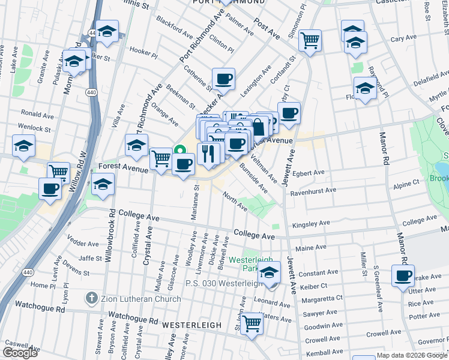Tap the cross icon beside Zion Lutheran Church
tap(91, 298)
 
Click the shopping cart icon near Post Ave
tap(310, 41)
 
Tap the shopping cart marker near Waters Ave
tap(252, 323)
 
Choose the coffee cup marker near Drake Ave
tap(403, 276)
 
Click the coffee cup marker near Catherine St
tap(223, 79)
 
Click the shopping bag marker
tap(259, 127)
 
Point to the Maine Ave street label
tap(310, 247)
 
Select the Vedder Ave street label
tap(84, 244)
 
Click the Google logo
tap(20, 353)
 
